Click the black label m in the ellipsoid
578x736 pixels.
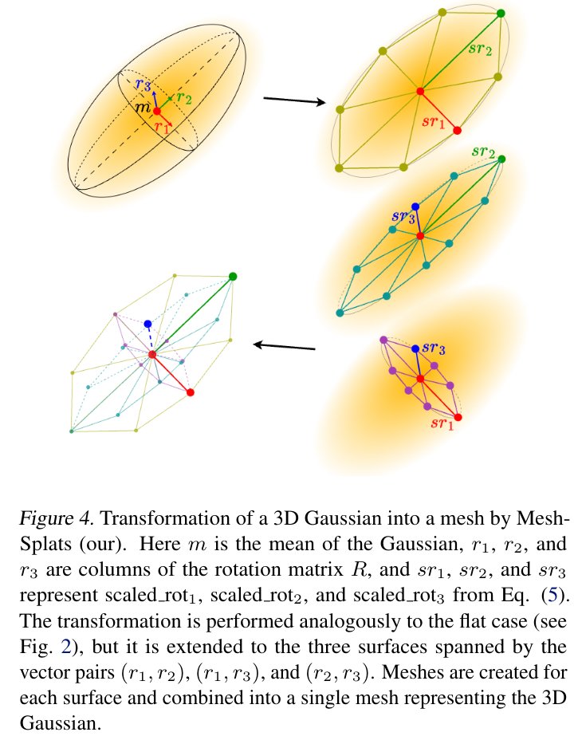click(143, 108)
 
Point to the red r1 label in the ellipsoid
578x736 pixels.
click(162, 125)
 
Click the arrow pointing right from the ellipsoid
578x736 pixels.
click(293, 100)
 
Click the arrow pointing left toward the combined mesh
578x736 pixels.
click(284, 346)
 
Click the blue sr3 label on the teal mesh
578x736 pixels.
click(403, 215)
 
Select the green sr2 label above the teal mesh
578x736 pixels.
click(484, 151)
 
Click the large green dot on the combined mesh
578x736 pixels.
click(233, 276)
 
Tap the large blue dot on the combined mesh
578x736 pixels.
click(147, 324)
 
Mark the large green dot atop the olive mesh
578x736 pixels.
click(501, 13)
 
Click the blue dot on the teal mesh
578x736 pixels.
click(415, 207)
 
